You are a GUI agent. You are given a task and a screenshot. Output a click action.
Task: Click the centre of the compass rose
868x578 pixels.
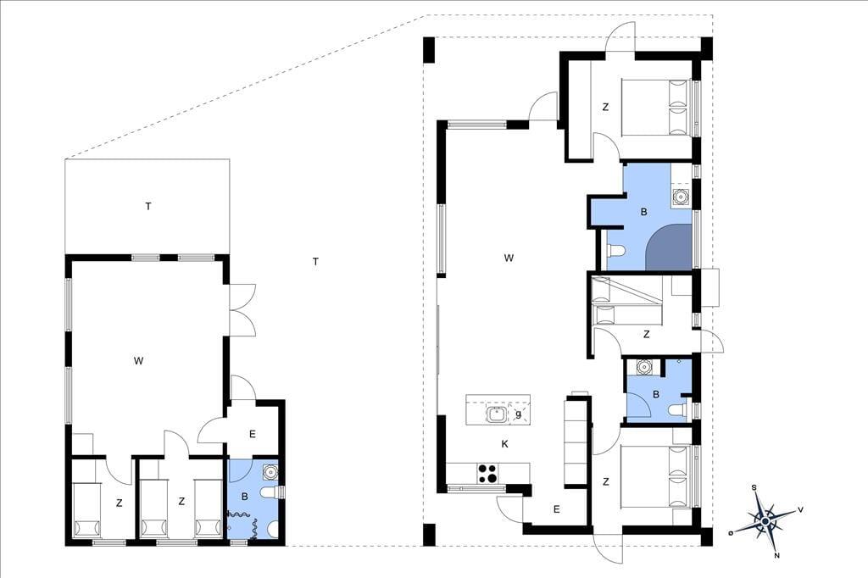[x=765, y=521]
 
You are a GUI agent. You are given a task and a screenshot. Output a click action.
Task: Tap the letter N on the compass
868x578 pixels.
[x=776, y=555]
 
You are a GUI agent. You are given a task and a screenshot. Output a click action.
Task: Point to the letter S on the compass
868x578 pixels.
[x=754, y=488]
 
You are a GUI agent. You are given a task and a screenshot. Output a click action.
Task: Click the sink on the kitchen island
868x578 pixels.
[x=496, y=413]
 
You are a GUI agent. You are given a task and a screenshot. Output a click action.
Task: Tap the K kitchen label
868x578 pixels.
[x=504, y=443]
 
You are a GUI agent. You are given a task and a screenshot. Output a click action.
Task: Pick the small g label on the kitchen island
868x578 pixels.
[x=519, y=413]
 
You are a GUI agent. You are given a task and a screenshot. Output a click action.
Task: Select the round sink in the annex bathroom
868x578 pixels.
[x=270, y=471]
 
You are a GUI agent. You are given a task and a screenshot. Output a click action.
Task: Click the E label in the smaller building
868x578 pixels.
[x=253, y=434]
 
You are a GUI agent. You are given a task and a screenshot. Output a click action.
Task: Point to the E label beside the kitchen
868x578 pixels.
[x=556, y=509]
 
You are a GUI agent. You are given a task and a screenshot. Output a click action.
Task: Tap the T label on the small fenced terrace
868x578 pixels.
[x=147, y=207]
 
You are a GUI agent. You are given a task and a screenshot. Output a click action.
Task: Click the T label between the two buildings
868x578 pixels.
[x=315, y=261]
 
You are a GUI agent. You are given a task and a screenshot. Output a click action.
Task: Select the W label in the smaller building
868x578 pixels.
[x=138, y=361]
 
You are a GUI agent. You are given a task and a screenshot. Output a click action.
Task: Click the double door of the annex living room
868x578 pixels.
[x=242, y=310]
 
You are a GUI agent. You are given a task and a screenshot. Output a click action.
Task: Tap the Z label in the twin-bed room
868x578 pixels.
[x=181, y=502]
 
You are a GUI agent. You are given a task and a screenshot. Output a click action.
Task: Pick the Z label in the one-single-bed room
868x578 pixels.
[x=119, y=503]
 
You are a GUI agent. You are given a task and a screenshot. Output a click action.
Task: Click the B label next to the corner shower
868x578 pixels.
[x=644, y=212]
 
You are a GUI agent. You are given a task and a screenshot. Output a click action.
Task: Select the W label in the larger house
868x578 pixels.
[x=509, y=258]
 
